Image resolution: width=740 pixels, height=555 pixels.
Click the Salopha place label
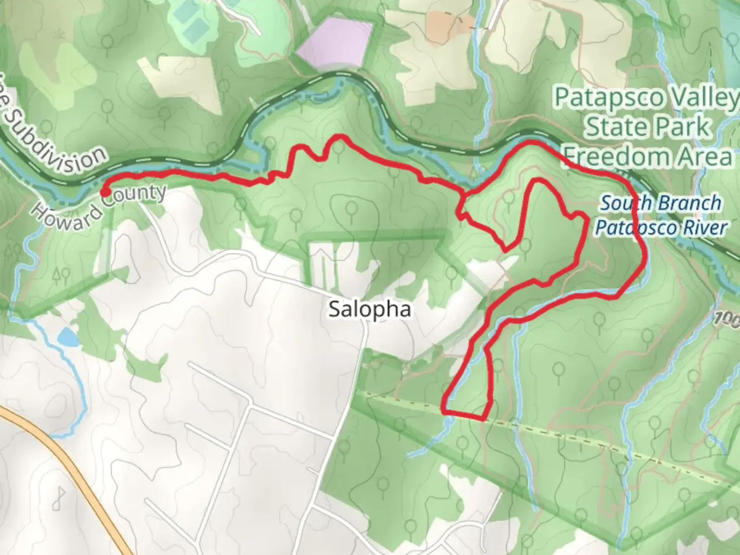click(x=369, y=309)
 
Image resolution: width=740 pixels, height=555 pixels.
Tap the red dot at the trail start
click(x=104, y=193)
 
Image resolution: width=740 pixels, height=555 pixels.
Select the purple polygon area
click(x=334, y=44)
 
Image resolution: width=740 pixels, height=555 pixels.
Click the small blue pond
click(x=67, y=338)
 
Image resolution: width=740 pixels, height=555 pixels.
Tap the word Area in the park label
click(x=709, y=156)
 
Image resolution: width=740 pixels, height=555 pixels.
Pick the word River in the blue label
click(x=708, y=228)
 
